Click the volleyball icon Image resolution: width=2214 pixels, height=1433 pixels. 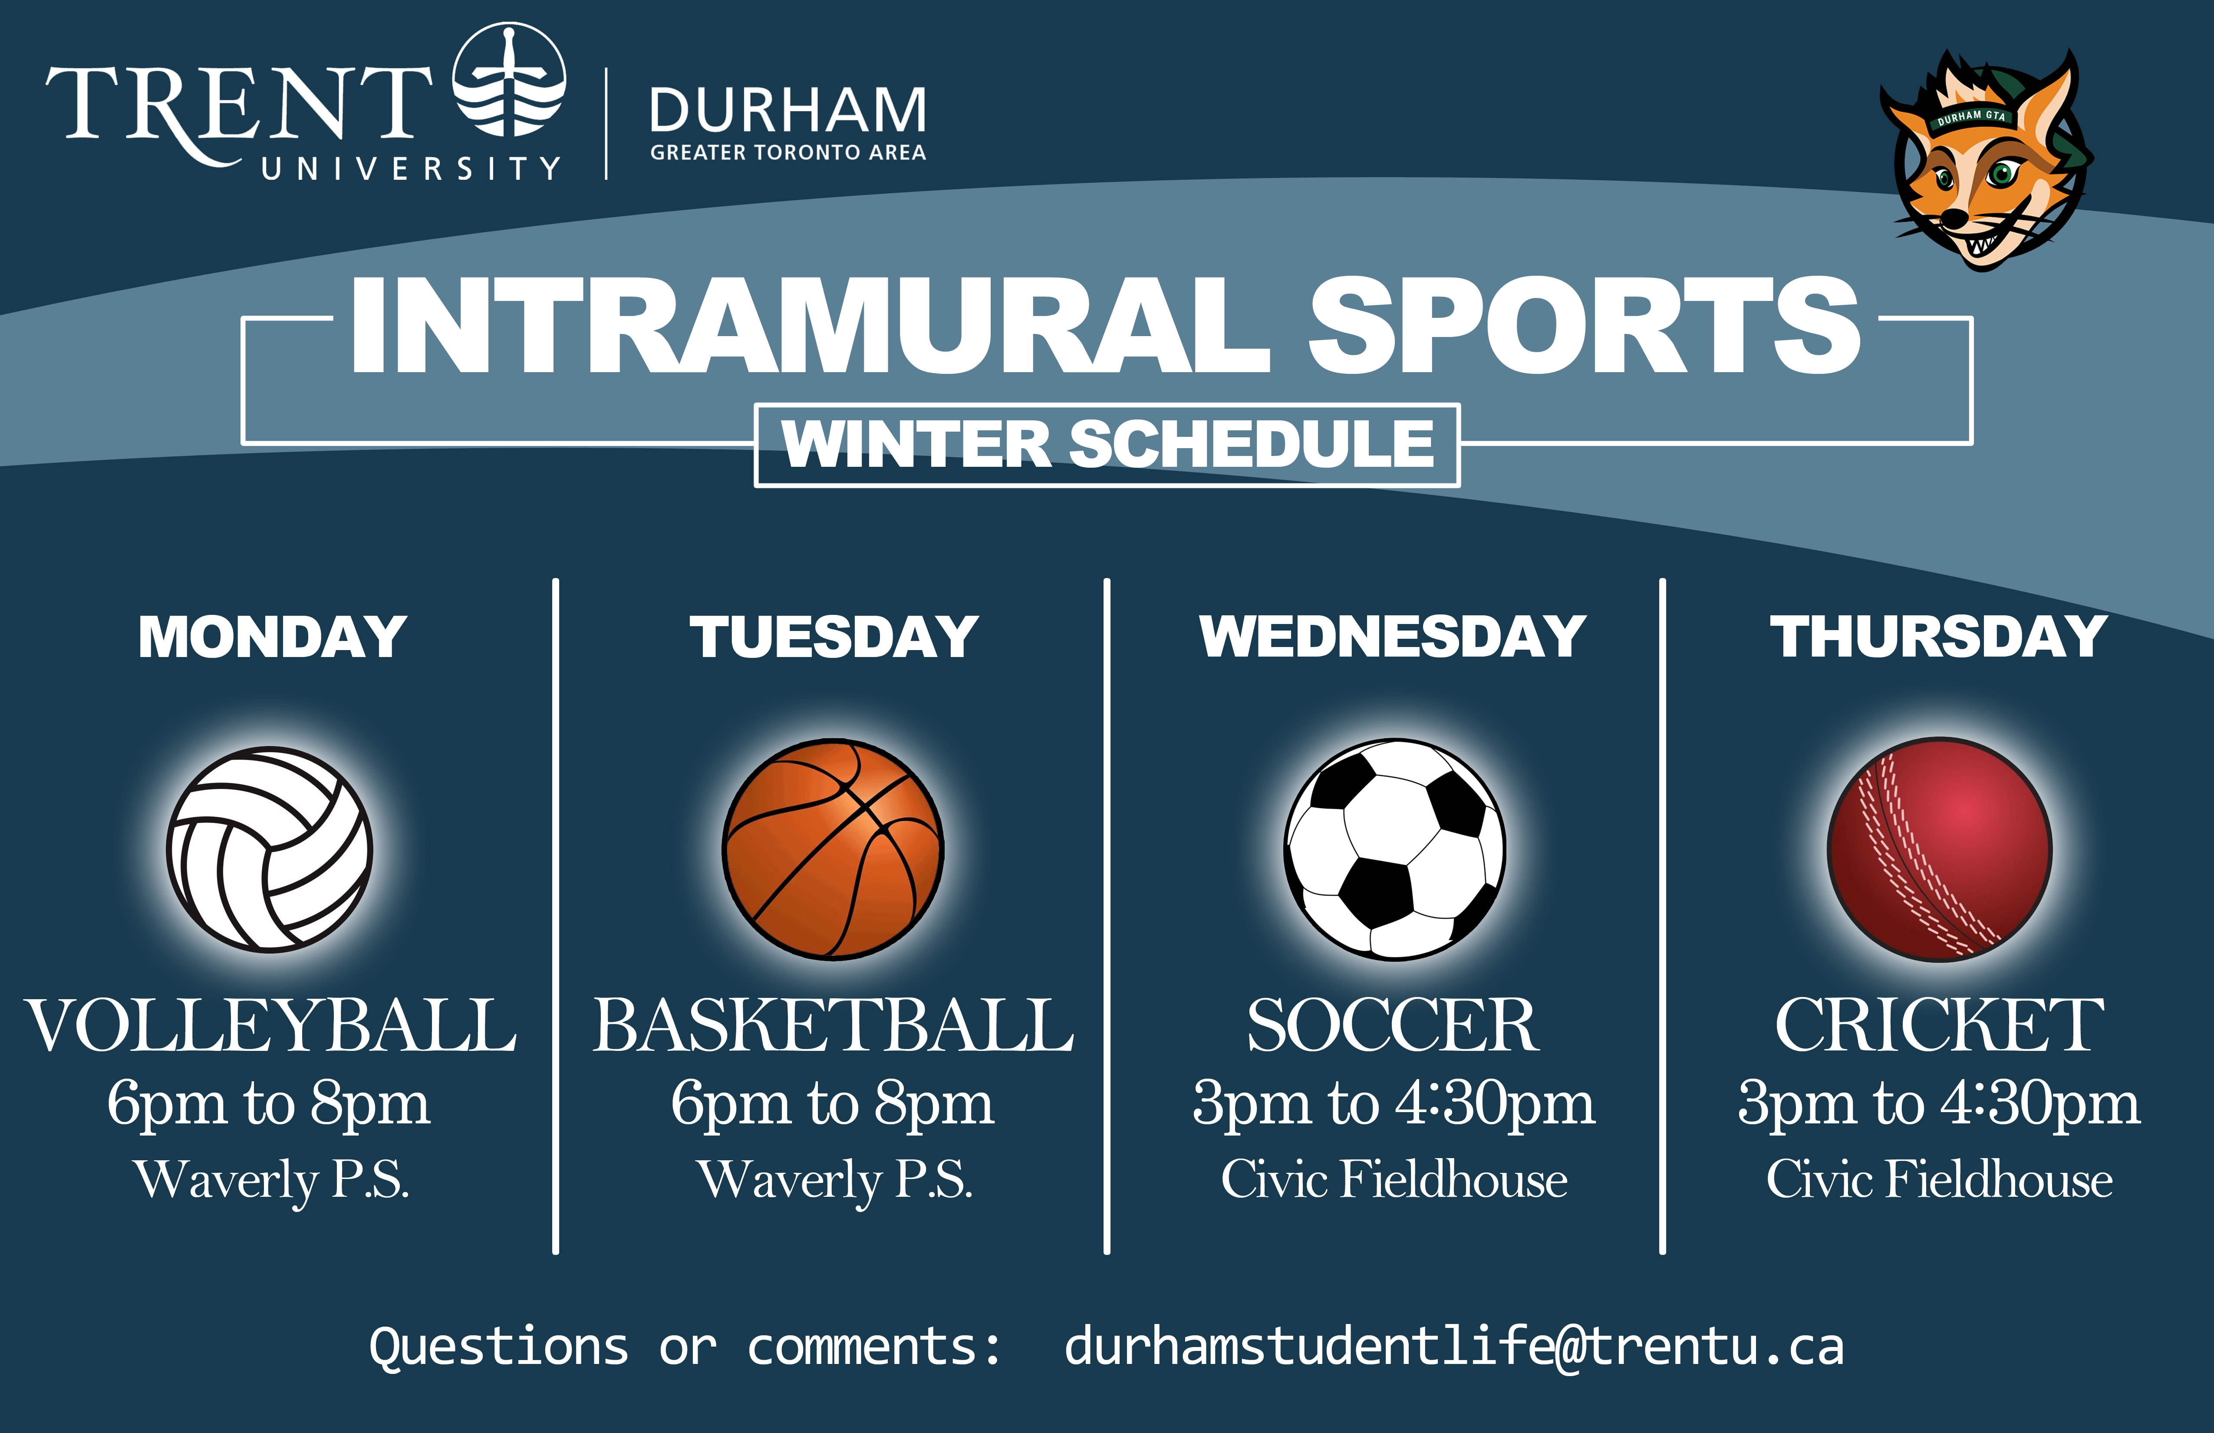tap(270, 849)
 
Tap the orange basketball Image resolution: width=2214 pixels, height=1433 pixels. tap(834, 849)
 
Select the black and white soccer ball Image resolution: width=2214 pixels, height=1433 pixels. tap(1394, 849)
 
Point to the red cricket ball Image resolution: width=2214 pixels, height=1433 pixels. tap(1940, 849)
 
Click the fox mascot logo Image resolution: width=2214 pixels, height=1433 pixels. tap(1986, 160)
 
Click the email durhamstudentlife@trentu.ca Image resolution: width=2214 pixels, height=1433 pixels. tap(1454, 1347)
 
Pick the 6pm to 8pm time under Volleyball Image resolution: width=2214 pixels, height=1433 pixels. tap(269, 1105)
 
